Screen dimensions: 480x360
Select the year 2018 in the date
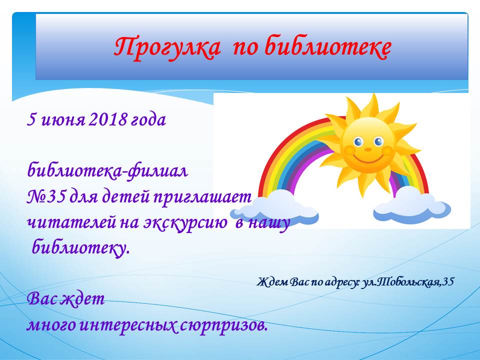107,119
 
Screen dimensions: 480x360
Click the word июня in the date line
63,120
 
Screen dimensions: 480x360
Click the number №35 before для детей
46,197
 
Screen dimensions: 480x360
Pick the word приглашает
202,198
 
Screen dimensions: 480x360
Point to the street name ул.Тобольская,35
407,281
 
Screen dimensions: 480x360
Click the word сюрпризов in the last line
223,325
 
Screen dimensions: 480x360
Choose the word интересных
128,325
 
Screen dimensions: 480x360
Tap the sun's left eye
358,141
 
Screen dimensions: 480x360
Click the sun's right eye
378,141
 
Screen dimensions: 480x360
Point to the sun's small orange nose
368,149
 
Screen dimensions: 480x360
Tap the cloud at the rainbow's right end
412,204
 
